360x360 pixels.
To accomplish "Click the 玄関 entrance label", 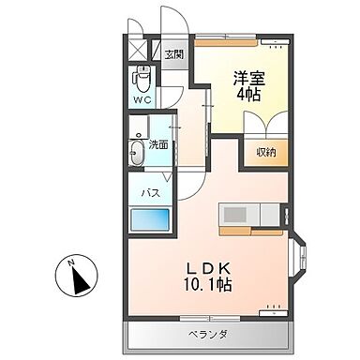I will pos(174,54).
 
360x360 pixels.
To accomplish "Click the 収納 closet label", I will pos(265,153).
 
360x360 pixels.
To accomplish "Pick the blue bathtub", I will pos(150,221).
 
